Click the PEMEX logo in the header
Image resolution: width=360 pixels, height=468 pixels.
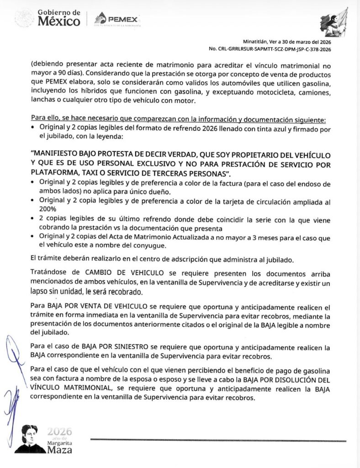coord(116,19)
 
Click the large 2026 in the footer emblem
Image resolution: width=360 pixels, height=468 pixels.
coord(60,431)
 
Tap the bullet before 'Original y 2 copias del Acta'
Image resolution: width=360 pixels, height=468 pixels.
coord(33,236)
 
